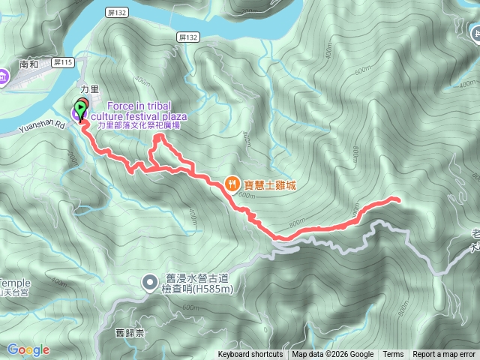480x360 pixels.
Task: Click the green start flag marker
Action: click(x=81, y=107)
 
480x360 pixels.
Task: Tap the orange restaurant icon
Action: click(x=233, y=182)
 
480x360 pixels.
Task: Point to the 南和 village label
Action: click(x=29, y=65)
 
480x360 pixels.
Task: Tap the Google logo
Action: click(x=28, y=349)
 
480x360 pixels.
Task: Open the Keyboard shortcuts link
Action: click(x=250, y=355)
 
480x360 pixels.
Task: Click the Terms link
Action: click(x=393, y=355)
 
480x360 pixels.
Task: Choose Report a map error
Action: click(x=445, y=355)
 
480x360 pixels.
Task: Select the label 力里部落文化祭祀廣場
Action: click(x=139, y=125)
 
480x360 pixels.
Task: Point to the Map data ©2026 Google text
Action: click(x=333, y=355)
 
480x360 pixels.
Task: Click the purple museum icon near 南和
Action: click(x=3, y=75)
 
